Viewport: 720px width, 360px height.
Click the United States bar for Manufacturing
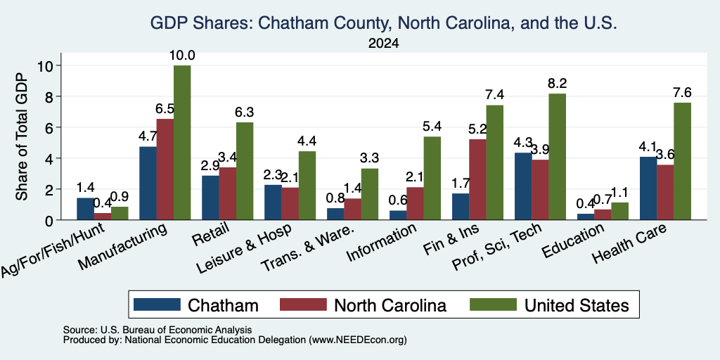pos(182,143)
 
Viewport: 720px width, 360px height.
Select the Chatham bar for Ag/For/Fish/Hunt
pos(85,209)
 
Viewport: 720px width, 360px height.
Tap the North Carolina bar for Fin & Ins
pos(478,179)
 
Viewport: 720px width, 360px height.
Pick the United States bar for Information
pos(432,178)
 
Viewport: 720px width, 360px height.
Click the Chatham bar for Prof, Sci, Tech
pos(523,186)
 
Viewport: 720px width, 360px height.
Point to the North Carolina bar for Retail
pos(228,194)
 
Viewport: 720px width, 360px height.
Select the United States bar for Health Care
pos(682,161)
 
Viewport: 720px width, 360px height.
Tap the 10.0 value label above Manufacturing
pos(182,56)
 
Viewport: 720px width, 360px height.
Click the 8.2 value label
pos(557,84)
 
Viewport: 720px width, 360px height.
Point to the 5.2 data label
pos(477,129)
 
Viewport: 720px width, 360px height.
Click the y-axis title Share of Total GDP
pos(22,136)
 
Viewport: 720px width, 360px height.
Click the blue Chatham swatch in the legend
pos(157,304)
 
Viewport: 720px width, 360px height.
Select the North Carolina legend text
pos(390,305)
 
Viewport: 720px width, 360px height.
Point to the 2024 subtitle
pos(383,44)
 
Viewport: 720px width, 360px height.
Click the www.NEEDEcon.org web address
pos(358,340)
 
